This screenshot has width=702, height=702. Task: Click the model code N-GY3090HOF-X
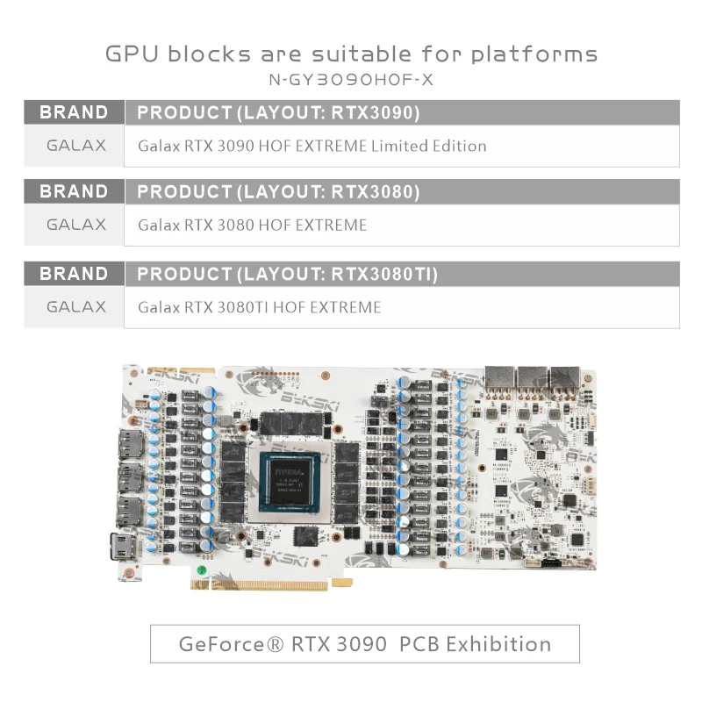tap(351, 80)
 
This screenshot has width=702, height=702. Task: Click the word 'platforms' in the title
tap(534, 54)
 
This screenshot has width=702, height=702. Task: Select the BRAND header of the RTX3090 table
tap(75, 112)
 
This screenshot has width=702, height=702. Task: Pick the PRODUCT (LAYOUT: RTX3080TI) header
tap(288, 274)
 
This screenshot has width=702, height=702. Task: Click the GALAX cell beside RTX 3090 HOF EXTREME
tap(75, 145)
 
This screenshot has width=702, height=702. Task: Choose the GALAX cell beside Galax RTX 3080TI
tap(75, 307)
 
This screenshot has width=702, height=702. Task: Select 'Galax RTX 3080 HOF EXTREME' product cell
tap(252, 225)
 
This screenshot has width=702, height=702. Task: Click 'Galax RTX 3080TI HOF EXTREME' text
tap(260, 307)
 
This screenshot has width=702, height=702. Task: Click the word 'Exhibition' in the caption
tap(498, 644)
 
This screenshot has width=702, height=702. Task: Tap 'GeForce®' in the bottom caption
tap(224, 644)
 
